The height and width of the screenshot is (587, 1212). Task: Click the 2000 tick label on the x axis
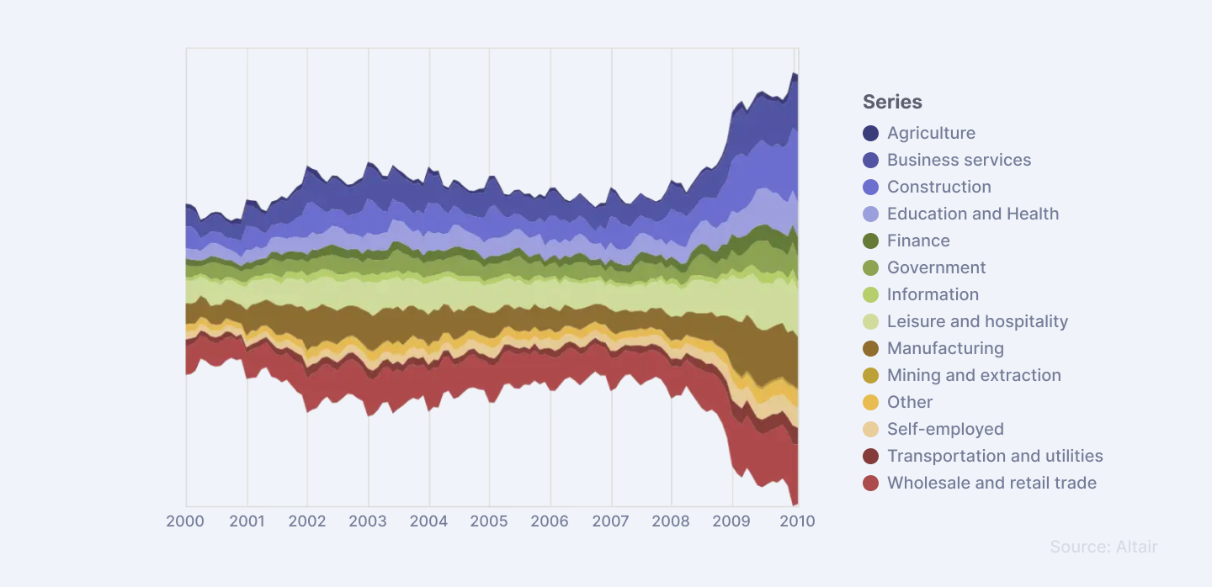point(185,521)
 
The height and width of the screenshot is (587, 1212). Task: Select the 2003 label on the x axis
point(368,521)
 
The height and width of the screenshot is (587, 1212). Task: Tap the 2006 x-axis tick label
point(550,521)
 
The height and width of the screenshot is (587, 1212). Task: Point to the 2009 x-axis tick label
point(732,521)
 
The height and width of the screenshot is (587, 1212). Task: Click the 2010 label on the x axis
point(797,521)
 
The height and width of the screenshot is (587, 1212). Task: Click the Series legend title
point(892,102)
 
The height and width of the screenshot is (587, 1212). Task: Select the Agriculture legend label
point(931,133)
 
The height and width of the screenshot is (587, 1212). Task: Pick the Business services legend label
point(959,160)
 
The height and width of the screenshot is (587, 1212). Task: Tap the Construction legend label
point(938,187)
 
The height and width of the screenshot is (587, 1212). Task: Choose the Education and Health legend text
point(973,214)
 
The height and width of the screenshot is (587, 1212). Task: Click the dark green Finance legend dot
point(871,241)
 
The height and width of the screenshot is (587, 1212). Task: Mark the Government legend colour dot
point(871,267)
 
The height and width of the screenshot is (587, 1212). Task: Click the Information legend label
point(933,294)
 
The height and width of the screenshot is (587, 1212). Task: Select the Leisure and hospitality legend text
point(977,321)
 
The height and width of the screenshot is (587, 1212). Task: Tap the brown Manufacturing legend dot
point(871,348)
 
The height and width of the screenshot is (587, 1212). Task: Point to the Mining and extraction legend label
point(974,375)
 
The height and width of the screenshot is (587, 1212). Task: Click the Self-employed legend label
point(945,429)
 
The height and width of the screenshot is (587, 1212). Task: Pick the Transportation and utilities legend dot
point(871,456)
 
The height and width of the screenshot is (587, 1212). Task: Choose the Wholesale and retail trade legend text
point(991,483)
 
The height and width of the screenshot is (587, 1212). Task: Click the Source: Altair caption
point(1103,547)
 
